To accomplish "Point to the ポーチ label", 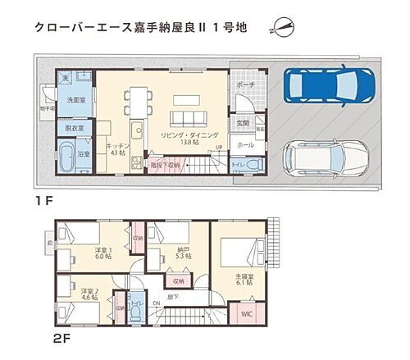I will pyautogui.click(x=245, y=84).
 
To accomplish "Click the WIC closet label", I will pyautogui.click(x=246, y=312).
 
